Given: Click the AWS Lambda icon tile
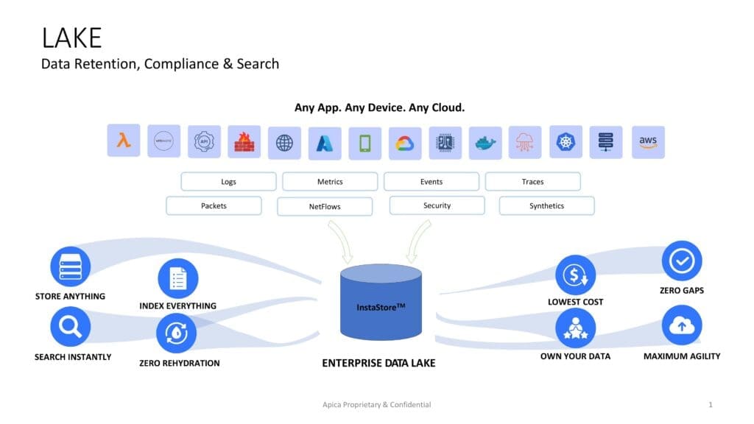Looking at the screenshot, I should (x=123, y=142).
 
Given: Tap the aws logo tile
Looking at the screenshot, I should (x=648, y=142).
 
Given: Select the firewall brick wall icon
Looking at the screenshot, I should (x=244, y=142).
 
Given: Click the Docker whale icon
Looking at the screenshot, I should (x=485, y=143).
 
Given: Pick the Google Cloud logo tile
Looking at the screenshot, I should (x=405, y=143).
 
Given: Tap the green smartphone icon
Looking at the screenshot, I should (x=364, y=143).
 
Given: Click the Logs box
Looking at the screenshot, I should (x=228, y=182).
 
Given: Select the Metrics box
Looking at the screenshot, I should (x=330, y=182).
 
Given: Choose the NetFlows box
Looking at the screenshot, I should (x=325, y=207).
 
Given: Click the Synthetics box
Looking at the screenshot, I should (x=546, y=206).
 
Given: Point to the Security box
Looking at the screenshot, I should (x=437, y=205).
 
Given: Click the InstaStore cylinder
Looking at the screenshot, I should (x=381, y=305).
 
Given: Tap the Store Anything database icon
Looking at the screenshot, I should (x=71, y=266).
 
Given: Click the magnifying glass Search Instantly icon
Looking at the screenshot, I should (x=71, y=327).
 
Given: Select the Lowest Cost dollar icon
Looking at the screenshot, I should (x=575, y=275).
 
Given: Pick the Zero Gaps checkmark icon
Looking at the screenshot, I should (x=682, y=261).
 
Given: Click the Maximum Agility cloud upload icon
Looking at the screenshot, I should (x=682, y=325).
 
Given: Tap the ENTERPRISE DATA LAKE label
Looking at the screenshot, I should (x=378, y=363).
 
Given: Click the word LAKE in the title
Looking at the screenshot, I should (x=71, y=38).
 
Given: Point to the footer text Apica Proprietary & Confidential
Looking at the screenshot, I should (x=377, y=405).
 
